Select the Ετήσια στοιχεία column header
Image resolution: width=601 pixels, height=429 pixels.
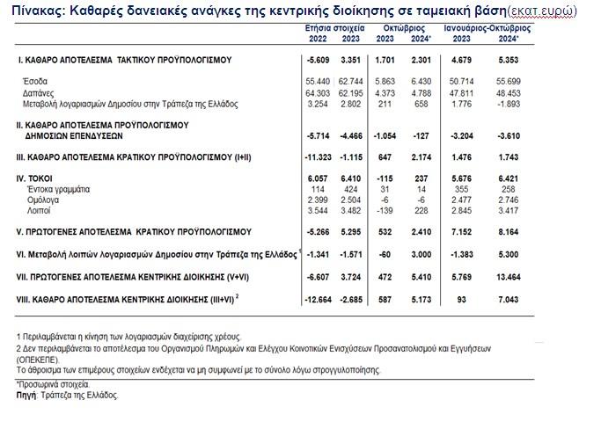324,28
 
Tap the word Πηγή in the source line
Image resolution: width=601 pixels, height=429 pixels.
26,396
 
